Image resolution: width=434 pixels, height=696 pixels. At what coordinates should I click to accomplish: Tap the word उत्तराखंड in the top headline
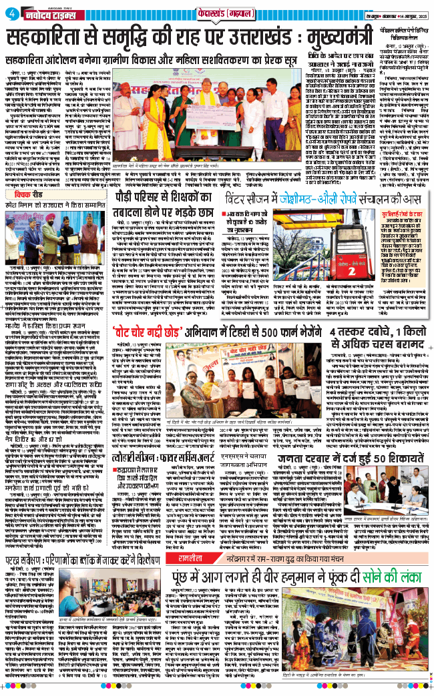[236, 40]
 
